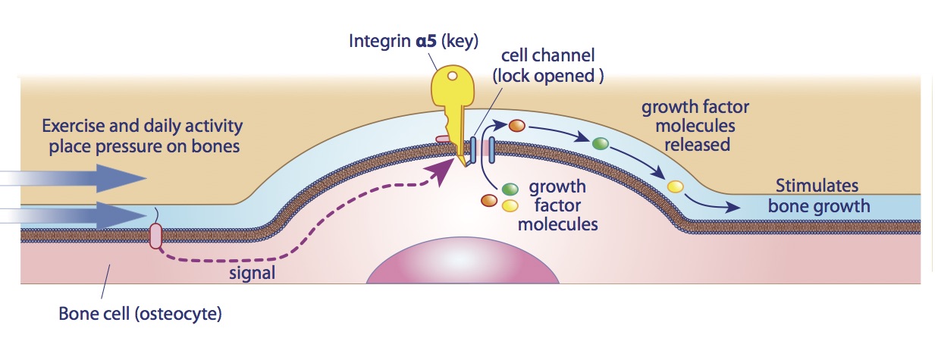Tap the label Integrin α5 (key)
[413, 40]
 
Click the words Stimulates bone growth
[817, 196]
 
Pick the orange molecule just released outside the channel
[517, 126]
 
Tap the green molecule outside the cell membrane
[601, 143]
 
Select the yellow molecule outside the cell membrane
[675, 186]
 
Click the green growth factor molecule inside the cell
[510, 189]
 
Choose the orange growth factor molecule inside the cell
[490, 201]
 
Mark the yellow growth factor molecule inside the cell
[510, 205]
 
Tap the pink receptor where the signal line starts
[155, 236]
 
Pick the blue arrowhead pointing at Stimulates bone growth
[736, 207]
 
